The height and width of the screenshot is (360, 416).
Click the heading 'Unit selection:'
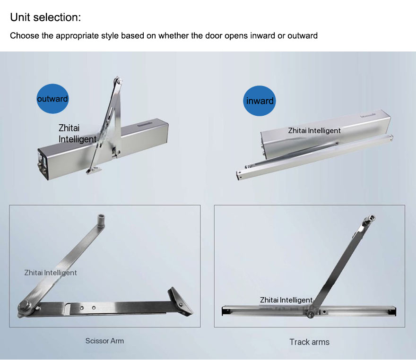point(45,17)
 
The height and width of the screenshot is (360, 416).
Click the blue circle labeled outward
point(52,99)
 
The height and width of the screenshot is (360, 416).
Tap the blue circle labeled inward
point(260,101)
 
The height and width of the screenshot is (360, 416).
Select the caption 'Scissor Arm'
point(104,341)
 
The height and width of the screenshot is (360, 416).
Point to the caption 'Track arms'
point(309,342)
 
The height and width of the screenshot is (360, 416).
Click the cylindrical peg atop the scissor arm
point(101,220)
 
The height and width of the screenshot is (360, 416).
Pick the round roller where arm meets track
point(310,314)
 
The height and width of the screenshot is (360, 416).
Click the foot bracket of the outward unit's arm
point(94,171)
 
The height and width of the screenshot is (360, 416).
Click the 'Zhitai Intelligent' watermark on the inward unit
point(314,131)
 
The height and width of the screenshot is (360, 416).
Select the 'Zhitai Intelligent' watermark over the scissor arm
point(51,273)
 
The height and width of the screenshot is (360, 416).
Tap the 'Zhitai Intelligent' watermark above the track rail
point(286,300)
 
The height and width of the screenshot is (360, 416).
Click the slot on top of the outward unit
point(144,124)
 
